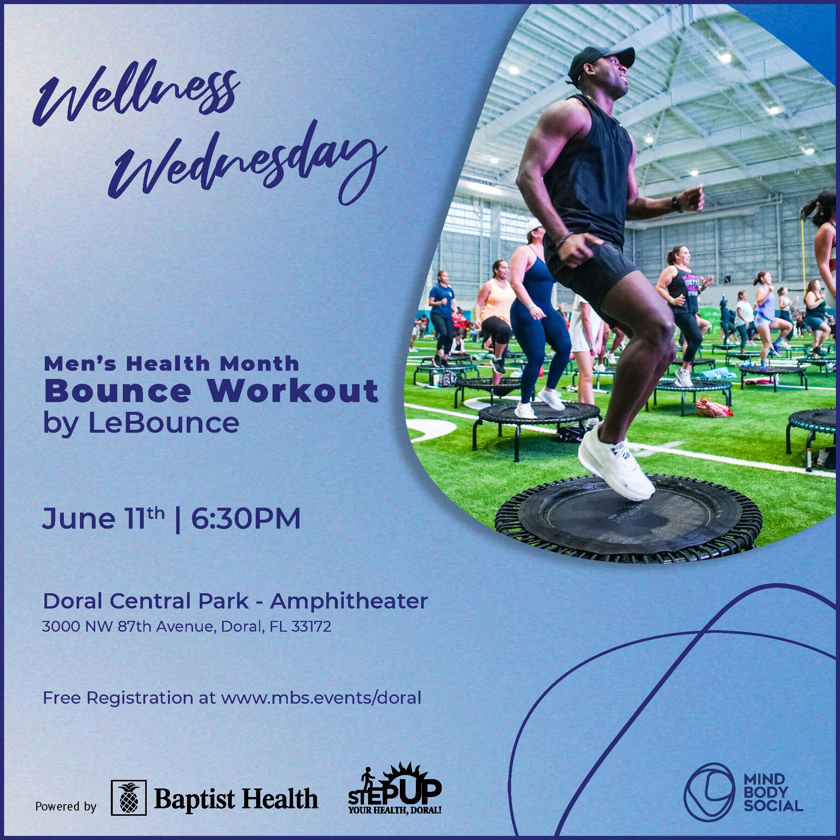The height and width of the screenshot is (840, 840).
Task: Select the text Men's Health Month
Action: tap(171, 364)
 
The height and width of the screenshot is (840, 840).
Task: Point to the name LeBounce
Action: tap(164, 423)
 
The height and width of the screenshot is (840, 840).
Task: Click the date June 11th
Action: tap(103, 518)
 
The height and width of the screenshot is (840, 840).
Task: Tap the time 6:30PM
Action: tap(246, 518)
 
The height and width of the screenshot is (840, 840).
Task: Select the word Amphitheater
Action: tap(349, 601)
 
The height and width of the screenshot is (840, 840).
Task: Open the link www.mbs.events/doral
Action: tap(321, 698)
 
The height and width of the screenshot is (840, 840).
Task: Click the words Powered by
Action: tap(66, 806)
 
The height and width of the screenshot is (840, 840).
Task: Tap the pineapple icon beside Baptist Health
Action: tap(129, 798)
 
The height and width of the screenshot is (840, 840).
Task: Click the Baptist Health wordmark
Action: tap(236, 799)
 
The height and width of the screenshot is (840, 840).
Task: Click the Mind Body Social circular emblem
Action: tap(709, 792)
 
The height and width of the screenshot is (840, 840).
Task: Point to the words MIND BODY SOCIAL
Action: tap(773, 792)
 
